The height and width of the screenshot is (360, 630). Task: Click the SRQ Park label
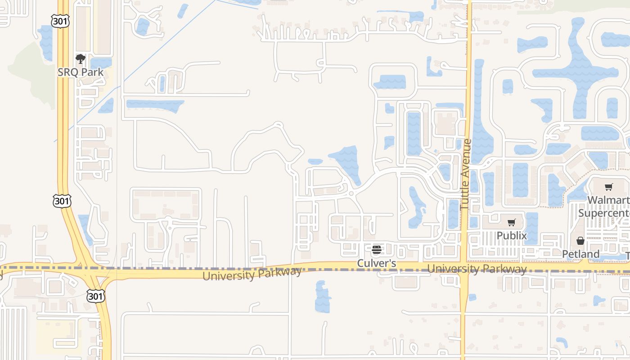tap(81, 72)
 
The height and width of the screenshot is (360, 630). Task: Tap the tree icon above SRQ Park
tap(81, 59)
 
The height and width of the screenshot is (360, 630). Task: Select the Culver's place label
tap(377, 263)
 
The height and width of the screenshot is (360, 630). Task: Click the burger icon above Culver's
tap(377, 250)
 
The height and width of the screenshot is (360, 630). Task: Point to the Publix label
tap(511, 235)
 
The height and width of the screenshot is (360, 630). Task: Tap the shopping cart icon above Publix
tap(511, 223)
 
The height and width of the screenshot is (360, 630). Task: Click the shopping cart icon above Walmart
tap(608, 187)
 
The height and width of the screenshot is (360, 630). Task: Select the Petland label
tap(580, 254)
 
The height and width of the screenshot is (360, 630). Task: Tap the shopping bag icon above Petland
tap(580, 241)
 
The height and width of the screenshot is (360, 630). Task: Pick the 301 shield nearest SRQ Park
tap(60, 21)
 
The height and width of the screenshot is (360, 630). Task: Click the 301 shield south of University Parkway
tap(96, 296)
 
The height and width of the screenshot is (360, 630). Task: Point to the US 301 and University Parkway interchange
tap(90, 270)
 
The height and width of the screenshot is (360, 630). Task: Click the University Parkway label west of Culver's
tap(252, 273)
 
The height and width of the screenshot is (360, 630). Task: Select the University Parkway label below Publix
tap(477, 269)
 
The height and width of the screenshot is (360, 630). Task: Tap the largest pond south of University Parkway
tap(322, 297)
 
